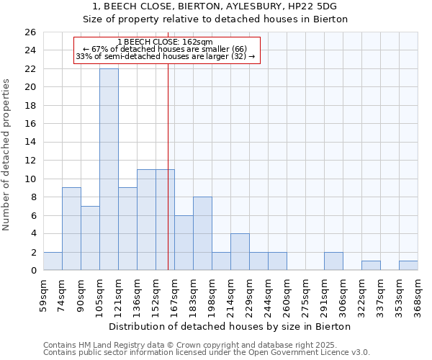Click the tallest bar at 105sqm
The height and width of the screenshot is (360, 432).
coord(109,169)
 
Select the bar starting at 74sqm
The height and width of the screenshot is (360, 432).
coord(71,229)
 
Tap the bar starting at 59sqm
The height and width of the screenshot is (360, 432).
coord(53,261)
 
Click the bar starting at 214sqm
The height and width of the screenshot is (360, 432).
coord(240,252)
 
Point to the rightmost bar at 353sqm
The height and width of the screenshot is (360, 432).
coord(408,266)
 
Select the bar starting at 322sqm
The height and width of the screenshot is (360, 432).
coord(371,266)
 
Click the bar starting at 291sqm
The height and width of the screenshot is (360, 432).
coord(333,261)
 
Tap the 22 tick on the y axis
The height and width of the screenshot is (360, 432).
coord(30,69)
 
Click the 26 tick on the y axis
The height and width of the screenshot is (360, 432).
coord(30,32)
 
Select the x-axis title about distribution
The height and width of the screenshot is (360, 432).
coord(230,326)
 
